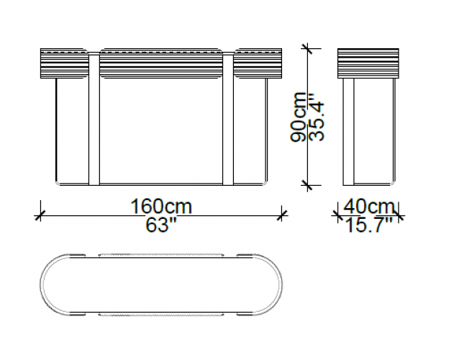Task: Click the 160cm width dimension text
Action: click(161, 206)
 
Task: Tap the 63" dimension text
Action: click(160, 225)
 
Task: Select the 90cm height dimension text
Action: click(298, 117)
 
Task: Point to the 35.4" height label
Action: click(317, 117)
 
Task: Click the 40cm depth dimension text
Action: click(369, 206)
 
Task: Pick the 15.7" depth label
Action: click(369, 225)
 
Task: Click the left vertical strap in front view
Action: click(94, 119)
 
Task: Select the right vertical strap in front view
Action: click(228, 119)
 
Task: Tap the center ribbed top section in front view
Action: click(161, 63)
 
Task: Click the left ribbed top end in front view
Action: click(64, 63)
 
